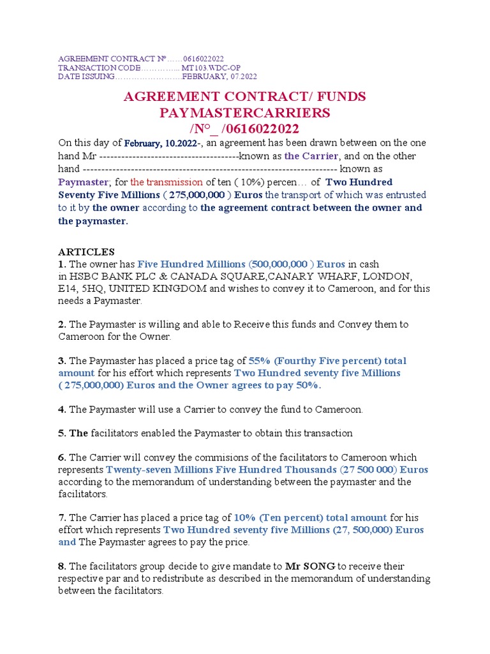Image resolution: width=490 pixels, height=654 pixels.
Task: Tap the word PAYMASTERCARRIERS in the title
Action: pos(244,113)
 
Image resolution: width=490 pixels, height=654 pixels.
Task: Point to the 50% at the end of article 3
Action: pos(308,385)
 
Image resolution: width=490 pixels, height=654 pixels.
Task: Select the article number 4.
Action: pos(61,409)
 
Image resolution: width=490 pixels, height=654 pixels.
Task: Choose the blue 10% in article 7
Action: pos(244,517)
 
